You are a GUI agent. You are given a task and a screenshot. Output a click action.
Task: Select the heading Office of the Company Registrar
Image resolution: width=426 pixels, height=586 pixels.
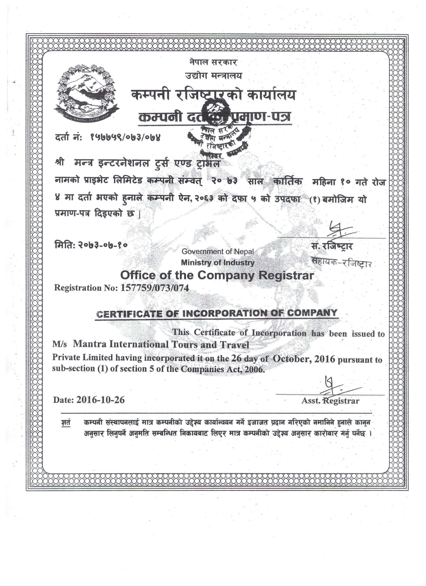(217, 275)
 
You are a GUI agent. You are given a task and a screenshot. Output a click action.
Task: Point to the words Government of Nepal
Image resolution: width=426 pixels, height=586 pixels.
(218, 251)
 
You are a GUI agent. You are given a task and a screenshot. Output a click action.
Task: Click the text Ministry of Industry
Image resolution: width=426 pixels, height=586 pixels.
(218, 263)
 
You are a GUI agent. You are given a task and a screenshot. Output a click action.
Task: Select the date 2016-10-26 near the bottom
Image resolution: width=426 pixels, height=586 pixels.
(99, 400)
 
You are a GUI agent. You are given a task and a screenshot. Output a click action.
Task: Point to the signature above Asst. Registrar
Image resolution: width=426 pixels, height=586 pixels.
(336, 387)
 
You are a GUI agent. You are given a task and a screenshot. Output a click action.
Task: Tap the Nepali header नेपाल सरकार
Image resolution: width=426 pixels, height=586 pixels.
(213, 62)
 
